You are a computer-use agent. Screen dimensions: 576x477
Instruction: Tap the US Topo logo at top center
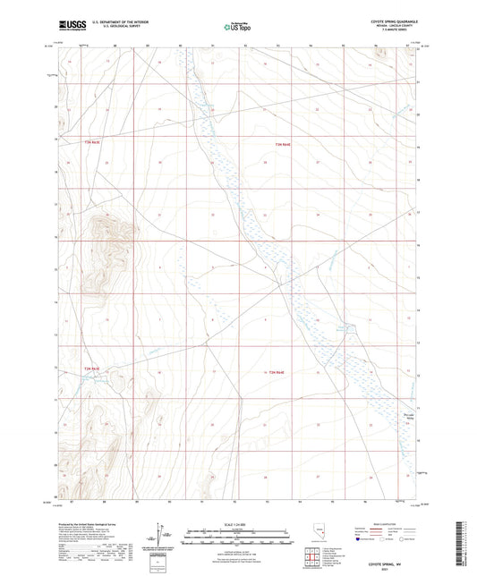pos(236,28)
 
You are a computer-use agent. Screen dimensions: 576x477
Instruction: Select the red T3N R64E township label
pos(283,144)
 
